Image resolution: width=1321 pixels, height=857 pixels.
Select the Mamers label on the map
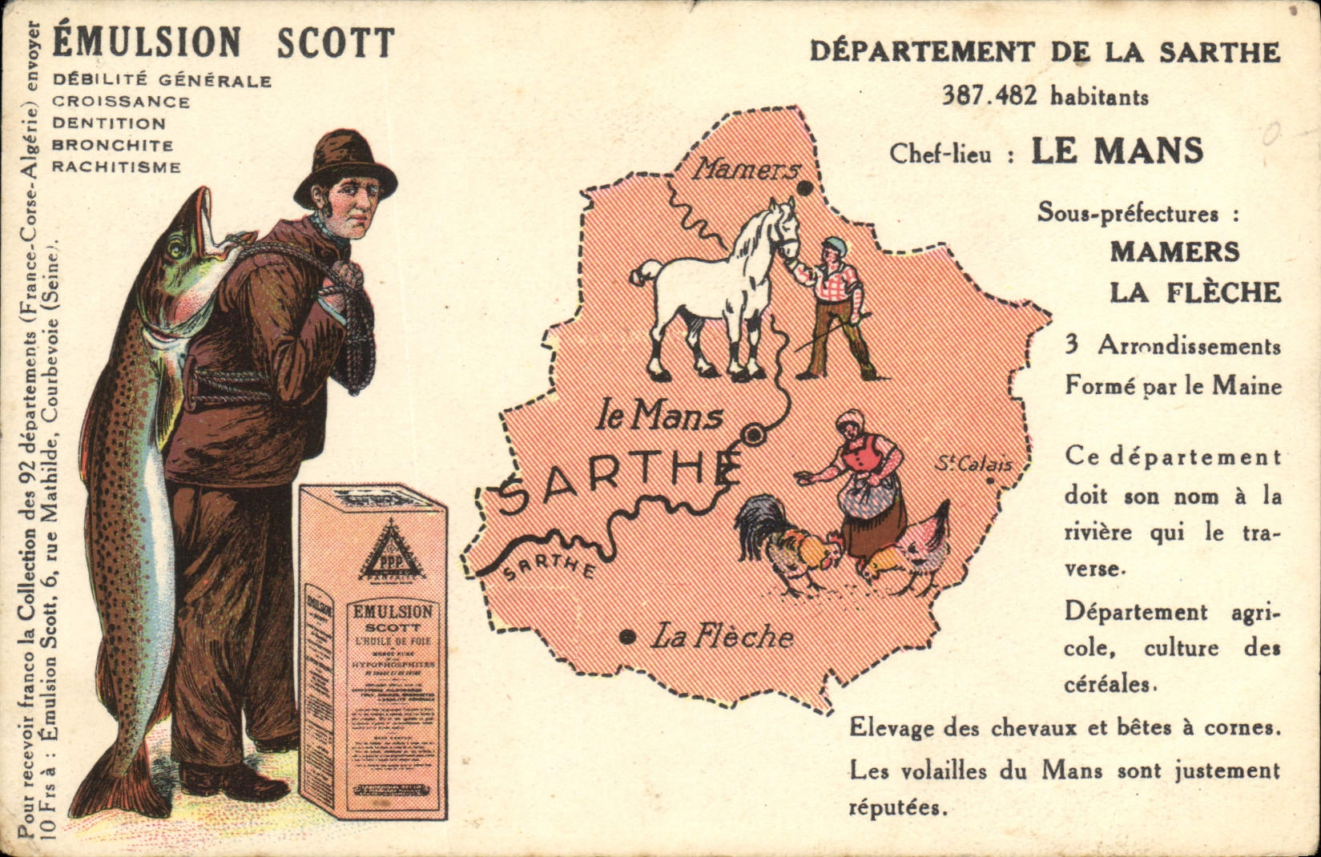tap(746, 170)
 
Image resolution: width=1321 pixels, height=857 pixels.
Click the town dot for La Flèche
tap(628, 638)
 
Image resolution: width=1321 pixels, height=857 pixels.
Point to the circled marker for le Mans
tap(753, 435)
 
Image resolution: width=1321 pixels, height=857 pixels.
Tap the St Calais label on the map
tap(974, 464)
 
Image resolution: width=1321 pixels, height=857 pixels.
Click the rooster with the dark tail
tap(781, 545)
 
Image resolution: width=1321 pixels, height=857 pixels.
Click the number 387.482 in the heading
tap(990, 97)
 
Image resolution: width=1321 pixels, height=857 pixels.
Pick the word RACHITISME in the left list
tap(117, 167)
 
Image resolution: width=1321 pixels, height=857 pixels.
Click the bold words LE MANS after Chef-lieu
tap(1117, 151)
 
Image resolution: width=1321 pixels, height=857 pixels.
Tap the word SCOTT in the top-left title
tap(336, 43)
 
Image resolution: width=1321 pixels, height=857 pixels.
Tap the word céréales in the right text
tap(1110, 686)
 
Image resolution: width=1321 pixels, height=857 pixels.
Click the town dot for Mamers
tap(803, 189)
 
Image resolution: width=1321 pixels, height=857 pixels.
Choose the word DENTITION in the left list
tap(109, 124)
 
